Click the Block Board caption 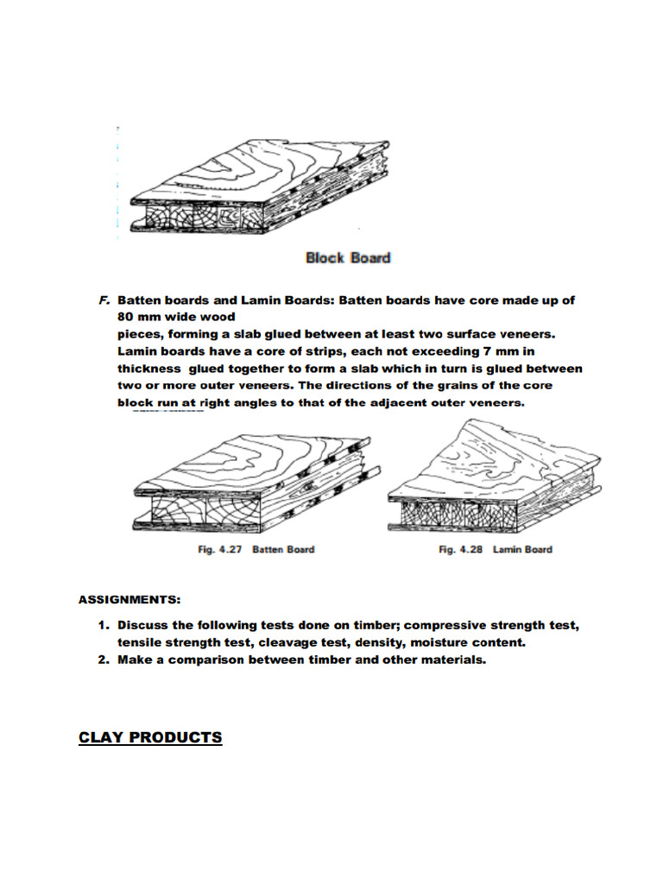[348, 257]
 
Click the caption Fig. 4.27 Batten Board [256, 550]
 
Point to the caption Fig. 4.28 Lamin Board [495, 550]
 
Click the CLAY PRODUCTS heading [150, 737]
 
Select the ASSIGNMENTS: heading [129, 599]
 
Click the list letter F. [104, 300]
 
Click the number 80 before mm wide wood [127, 317]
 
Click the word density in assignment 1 [377, 643]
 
